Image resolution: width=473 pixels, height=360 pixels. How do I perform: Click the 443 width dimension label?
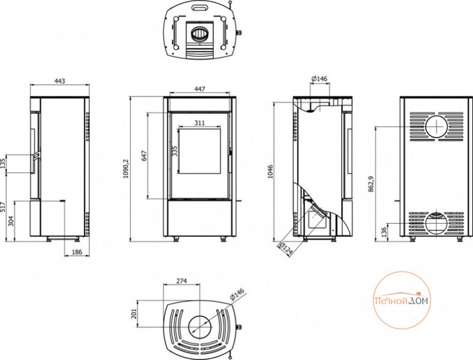click(60, 81)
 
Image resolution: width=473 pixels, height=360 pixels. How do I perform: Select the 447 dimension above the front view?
click(200, 89)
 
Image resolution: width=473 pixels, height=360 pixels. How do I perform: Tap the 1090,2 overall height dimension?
click(126, 168)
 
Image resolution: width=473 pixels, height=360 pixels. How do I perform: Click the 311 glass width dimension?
click(200, 122)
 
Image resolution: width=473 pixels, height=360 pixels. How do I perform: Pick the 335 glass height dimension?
click(174, 151)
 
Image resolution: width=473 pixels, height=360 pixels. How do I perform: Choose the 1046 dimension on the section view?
click(270, 172)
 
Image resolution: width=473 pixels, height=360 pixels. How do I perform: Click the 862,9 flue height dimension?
click(371, 184)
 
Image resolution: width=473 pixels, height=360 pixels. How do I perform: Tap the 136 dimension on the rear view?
click(384, 233)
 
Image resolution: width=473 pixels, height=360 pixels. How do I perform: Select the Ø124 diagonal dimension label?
click(286, 248)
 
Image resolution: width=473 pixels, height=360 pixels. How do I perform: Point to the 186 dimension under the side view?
click(77, 252)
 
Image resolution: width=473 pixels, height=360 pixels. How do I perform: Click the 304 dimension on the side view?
click(10, 221)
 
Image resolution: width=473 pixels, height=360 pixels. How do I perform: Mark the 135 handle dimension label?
click(3, 163)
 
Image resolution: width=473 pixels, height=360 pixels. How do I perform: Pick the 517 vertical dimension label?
click(3, 207)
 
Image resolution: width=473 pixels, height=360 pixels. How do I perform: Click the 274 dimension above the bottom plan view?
click(182, 281)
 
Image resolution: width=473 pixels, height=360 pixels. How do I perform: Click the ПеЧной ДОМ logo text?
click(402, 301)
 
